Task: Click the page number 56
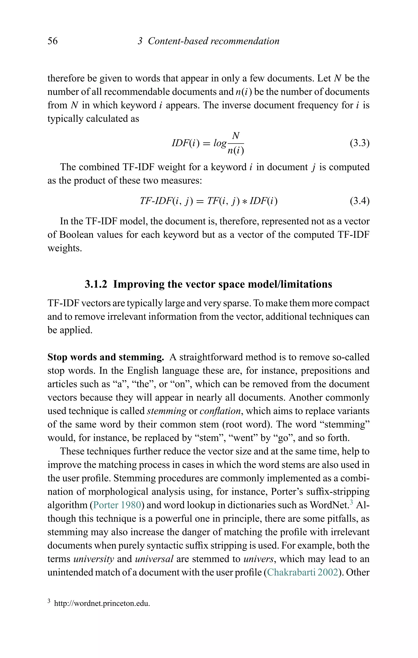[53, 41]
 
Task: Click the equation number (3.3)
[359, 143]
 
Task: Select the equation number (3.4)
[359, 201]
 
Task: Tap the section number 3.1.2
[96, 284]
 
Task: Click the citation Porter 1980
[117, 505]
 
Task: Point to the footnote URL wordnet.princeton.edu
[102, 603]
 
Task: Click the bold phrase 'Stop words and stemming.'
[106, 357]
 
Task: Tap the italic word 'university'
[94, 559]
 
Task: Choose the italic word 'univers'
[258, 559]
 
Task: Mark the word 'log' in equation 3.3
[220, 143]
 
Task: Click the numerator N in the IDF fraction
[236, 136]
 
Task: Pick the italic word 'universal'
[154, 559]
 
